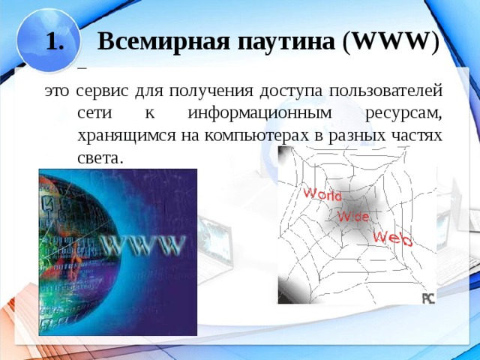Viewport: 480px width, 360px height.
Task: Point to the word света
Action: coord(99,157)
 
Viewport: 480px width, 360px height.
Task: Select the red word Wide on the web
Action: coord(352,216)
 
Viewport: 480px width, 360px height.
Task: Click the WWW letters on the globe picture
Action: coord(142,244)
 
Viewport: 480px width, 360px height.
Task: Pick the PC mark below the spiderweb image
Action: coord(427,298)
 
